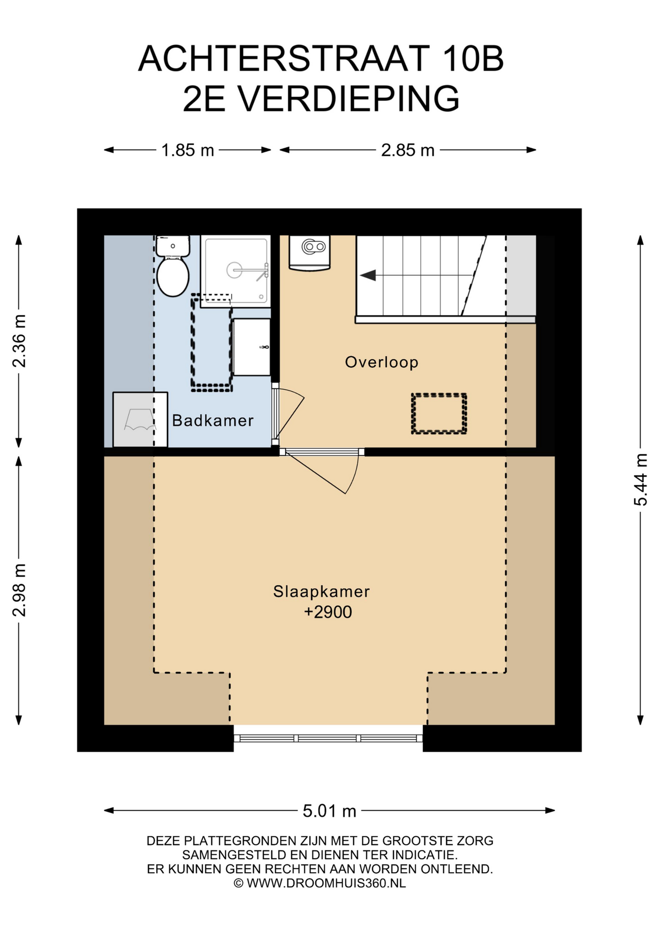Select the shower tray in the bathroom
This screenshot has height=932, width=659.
(235, 271)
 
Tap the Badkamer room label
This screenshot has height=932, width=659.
(213, 420)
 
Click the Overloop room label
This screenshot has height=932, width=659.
(381, 362)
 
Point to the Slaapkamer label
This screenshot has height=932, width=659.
(321, 591)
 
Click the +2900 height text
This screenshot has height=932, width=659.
(328, 612)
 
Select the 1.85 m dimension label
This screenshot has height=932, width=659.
(187, 150)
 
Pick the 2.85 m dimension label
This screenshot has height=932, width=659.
(408, 150)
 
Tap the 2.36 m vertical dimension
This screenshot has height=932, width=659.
(19, 341)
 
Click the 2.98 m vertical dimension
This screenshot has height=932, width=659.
(19, 590)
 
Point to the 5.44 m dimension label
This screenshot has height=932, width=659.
(641, 480)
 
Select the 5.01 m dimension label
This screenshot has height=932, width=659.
(329, 811)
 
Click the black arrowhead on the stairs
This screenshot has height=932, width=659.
(368, 276)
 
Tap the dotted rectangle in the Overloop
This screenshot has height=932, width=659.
(439, 414)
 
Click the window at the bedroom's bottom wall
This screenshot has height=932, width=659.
(328, 738)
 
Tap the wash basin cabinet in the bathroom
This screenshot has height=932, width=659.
(251, 347)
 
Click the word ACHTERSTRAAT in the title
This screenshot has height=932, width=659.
(284, 59)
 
